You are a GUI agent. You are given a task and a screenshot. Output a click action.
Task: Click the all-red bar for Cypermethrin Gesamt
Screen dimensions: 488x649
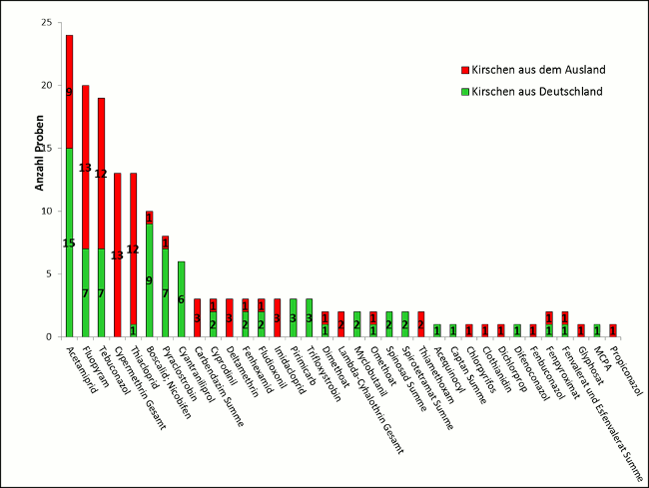point(117,254)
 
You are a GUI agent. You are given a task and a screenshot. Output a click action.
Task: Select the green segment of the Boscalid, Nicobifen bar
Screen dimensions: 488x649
point(149,280)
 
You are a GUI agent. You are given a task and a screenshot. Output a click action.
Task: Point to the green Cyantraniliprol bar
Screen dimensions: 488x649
point(181,298)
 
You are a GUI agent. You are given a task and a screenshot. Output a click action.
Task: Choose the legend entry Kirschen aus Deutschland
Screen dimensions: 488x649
point(527,91)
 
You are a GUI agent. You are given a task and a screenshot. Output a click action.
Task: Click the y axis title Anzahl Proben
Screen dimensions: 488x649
point(39,161)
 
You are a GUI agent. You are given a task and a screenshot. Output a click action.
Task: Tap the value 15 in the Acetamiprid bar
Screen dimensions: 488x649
point(69,244)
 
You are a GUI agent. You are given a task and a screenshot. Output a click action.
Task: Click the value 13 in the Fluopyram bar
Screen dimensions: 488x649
point(85,168)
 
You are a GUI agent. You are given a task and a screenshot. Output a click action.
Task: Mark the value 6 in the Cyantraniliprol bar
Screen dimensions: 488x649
point(181,299)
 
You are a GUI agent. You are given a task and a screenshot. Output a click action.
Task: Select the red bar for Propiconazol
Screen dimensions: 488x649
point(612,330)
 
